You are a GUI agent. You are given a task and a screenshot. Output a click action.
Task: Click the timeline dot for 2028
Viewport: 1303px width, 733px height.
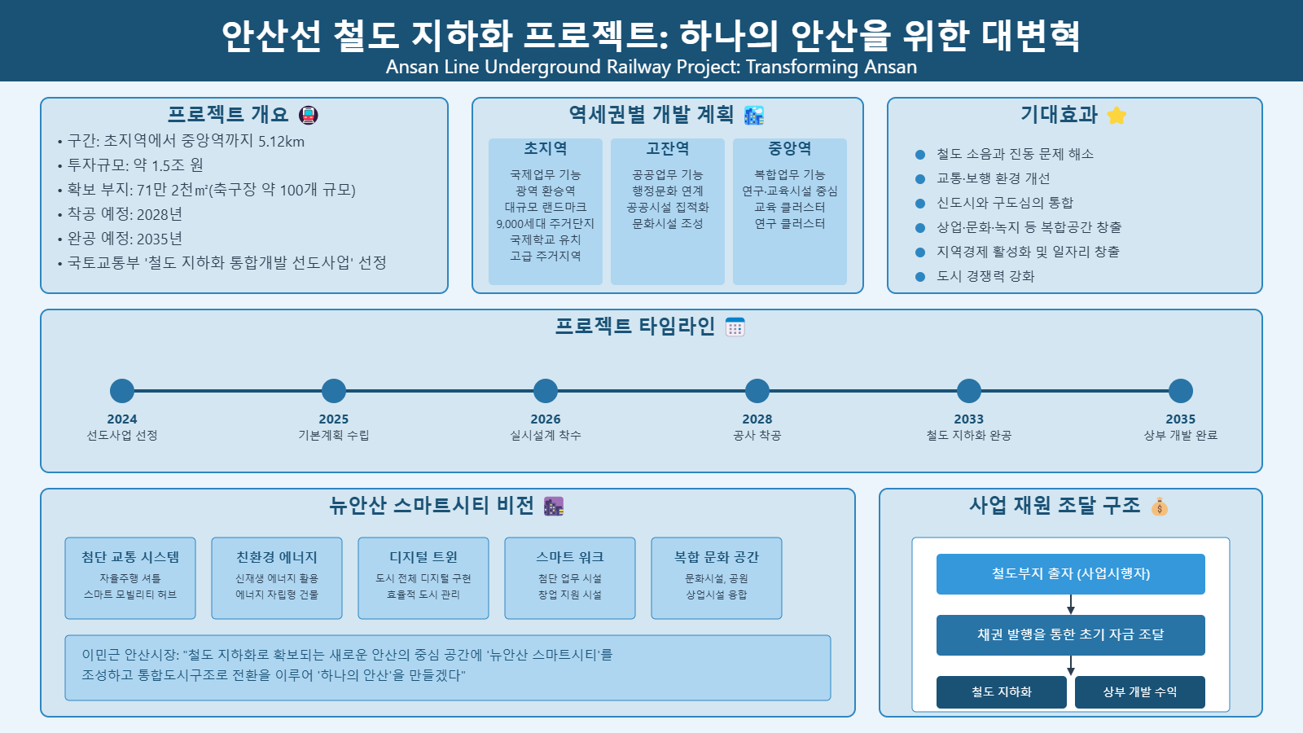tap(757, 391)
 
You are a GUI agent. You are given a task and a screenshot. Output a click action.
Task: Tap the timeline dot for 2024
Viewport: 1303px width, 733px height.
tap(122, 391)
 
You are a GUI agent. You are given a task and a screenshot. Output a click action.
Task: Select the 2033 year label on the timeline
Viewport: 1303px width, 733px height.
tap(969, 419)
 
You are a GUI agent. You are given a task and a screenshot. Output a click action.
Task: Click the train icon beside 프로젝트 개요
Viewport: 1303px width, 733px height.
tap(309, 115)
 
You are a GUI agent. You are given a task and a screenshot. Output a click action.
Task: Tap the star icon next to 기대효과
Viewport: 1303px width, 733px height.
tap(1117, 116)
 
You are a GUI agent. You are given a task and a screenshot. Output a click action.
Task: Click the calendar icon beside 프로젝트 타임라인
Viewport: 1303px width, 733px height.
tap(735, 327)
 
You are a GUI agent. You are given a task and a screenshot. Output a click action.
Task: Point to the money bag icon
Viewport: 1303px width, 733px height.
tap(1160, 507)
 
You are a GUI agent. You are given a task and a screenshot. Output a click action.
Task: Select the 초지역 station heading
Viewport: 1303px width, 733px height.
tap(546, 149)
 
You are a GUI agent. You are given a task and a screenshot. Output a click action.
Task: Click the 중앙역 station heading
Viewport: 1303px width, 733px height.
tap(790, 149)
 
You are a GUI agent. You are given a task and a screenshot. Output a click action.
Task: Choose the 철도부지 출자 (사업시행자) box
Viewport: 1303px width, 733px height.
tap(1070, 574)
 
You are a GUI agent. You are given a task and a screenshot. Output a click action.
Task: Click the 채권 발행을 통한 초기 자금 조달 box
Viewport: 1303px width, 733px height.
tap(1070, 635)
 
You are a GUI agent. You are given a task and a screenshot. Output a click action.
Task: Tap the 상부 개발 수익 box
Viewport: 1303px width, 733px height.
tap(1139, 692)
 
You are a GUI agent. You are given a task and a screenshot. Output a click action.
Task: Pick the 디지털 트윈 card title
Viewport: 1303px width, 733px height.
tap(423, 557)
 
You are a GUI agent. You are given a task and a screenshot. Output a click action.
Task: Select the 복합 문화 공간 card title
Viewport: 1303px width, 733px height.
tap(717, 557)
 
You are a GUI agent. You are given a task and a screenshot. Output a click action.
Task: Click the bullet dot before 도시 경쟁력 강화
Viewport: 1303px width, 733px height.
tap(920, 277)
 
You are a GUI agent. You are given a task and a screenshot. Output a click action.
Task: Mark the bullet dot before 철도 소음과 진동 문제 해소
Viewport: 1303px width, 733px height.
tap(920, 155)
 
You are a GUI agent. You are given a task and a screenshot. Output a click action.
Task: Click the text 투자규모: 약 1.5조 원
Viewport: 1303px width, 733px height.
tap(135, 165)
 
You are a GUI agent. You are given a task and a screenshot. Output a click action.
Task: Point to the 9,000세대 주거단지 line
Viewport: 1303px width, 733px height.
tap(546, 224)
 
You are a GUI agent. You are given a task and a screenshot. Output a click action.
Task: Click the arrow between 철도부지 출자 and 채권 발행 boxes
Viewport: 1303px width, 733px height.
tap(1071, 605)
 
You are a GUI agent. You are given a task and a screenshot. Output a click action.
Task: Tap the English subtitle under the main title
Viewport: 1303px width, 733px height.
tap(651, 67)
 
